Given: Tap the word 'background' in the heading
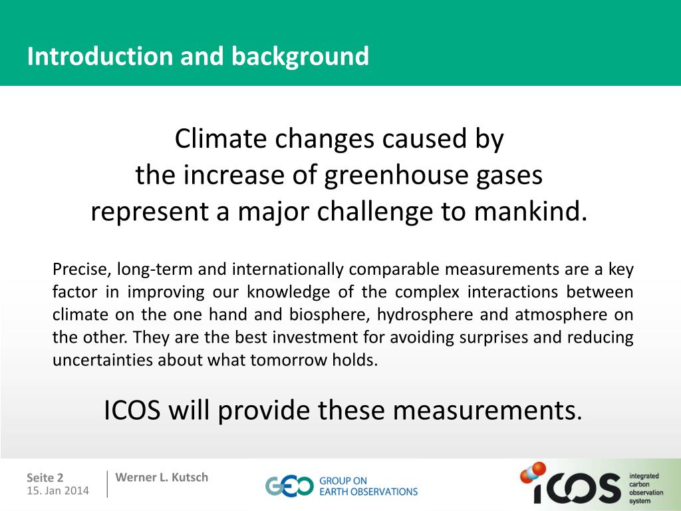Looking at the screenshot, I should point(300,57).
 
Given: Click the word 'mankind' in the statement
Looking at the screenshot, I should point(531,212).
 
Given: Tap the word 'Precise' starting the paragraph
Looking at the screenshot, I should point(79,269).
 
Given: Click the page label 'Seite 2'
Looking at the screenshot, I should point(45,478).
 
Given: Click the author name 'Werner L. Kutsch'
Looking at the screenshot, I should point(162,477).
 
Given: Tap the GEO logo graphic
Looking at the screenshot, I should point(289,486).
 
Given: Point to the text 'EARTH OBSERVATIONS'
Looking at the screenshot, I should point(368,492).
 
